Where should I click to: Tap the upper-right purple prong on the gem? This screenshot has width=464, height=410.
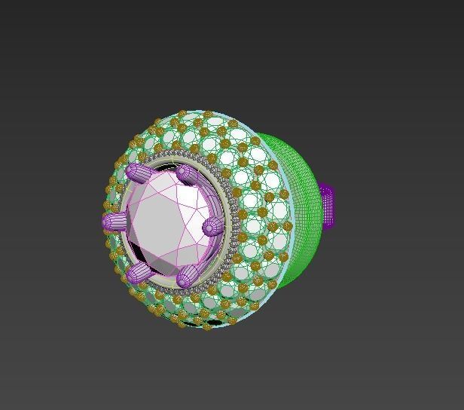pos(188,175)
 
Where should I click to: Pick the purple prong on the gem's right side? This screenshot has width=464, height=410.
pos(212,225)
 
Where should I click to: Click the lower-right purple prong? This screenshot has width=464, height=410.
pos(186,276)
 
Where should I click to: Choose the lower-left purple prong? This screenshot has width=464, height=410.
pos(138,273)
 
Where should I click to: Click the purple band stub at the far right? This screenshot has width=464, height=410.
pos(327,206)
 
